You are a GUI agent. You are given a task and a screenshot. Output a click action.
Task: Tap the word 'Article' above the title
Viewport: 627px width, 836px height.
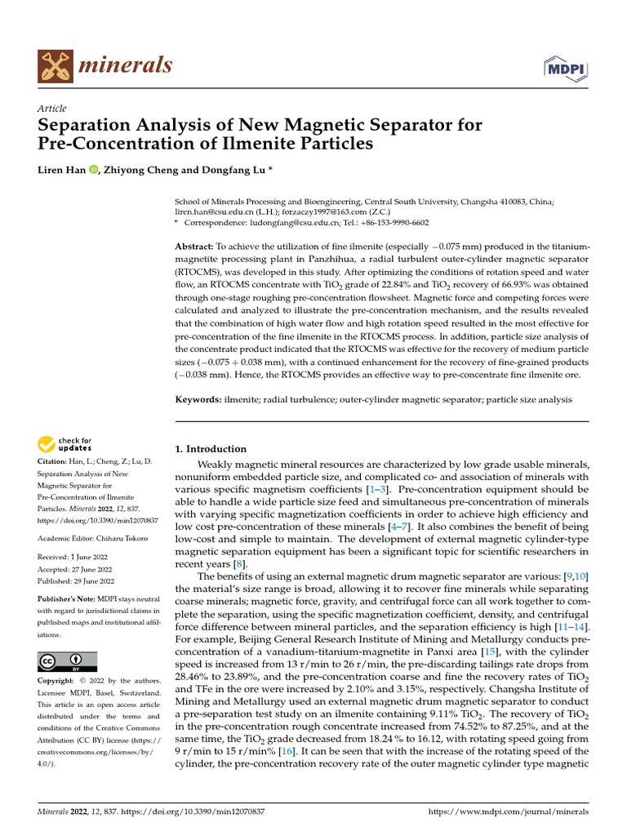[x=52, y=109]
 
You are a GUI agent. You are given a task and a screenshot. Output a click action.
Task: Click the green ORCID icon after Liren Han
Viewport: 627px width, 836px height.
[x=92, y=170]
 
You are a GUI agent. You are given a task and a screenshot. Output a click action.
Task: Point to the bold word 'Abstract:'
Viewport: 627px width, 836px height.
[x=194, y=246]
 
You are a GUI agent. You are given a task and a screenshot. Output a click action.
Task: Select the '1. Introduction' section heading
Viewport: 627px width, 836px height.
[x=211, y=449]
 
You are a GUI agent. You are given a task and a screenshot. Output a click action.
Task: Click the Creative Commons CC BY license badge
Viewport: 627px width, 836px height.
[x=67, y=660]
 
